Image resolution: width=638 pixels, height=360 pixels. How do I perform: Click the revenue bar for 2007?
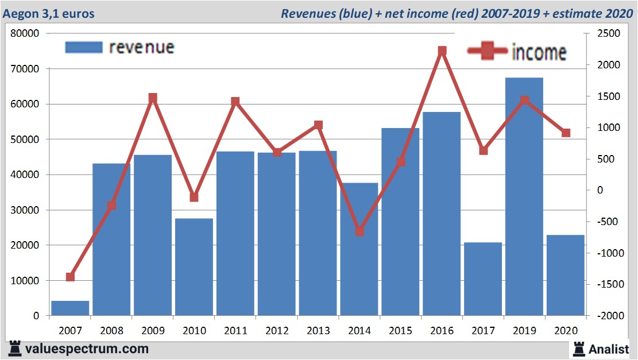tap(70, 308)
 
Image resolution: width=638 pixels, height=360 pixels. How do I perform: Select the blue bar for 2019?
tap(524, 195)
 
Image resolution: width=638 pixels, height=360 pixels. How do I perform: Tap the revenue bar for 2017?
tap(483, 278)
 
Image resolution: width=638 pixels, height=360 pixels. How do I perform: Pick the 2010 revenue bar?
tap(194, 266)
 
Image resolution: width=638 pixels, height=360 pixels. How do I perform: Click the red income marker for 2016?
tap(442, 51)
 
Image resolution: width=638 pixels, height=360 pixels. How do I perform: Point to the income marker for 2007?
tap(70, 277)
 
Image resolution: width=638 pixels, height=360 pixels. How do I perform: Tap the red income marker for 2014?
tap(359, 231)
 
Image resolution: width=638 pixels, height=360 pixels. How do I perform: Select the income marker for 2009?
tap(153, 98)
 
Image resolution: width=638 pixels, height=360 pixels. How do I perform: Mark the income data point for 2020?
tap(566, 133)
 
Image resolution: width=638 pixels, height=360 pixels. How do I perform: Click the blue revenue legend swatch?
tap(84, 47)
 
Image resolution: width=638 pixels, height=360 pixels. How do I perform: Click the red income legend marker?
tap(488, 52)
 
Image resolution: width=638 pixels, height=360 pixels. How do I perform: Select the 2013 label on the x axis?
tap(318, 331)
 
